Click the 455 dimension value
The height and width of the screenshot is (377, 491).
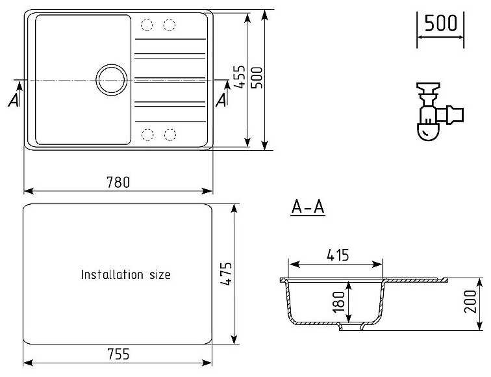tap(238, 79)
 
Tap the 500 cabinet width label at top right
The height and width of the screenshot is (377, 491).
tap(440, 25)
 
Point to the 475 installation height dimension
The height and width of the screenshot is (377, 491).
tap(225, 274)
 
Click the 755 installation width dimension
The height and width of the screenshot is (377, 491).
tap(118, 354)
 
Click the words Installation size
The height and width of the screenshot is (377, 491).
tap(125, 275)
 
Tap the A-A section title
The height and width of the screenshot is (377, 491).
tap(308, 208)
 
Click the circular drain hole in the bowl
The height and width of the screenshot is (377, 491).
tap(111, 80)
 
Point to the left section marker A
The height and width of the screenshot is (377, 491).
tap(14, 99)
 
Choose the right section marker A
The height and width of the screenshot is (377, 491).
tap(221, 99)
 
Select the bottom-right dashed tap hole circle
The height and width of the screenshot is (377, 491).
tap(170, 135)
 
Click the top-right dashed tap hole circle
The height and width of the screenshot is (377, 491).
tap(170, 25)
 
